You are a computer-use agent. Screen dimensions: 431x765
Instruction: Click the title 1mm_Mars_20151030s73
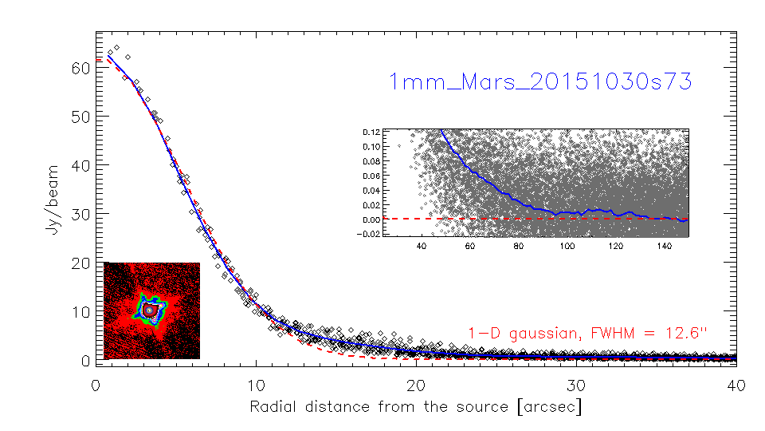click(x=539, y=81)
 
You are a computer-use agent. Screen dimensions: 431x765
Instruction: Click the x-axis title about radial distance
click(x=415, y=406)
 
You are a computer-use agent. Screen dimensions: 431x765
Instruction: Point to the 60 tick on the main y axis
click(x=77, y=68)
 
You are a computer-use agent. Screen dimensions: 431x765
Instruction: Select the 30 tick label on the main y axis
click(x=77, y=214)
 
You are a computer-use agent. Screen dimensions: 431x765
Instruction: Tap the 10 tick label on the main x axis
click(x=256, y=385)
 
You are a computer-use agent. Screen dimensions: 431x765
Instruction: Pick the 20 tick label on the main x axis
click(x=416, y=385)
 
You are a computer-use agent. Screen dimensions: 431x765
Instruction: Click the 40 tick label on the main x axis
click(x=736, y=385)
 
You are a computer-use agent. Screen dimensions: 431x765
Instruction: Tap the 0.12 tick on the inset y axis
click(x=371, y=131)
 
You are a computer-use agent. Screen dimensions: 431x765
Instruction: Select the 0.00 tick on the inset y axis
click(x=371, y=219)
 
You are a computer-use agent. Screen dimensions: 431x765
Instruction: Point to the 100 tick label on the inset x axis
click(x=567, y=247)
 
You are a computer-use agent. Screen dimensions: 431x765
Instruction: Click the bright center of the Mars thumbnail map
click(x=148, y=309)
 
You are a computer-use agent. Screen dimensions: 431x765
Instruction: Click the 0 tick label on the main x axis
click(x=96, y=385)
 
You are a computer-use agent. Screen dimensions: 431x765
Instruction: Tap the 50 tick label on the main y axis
click(x=77, y=117)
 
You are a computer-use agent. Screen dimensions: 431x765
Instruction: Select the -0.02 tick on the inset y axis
click(x=370, y=233)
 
